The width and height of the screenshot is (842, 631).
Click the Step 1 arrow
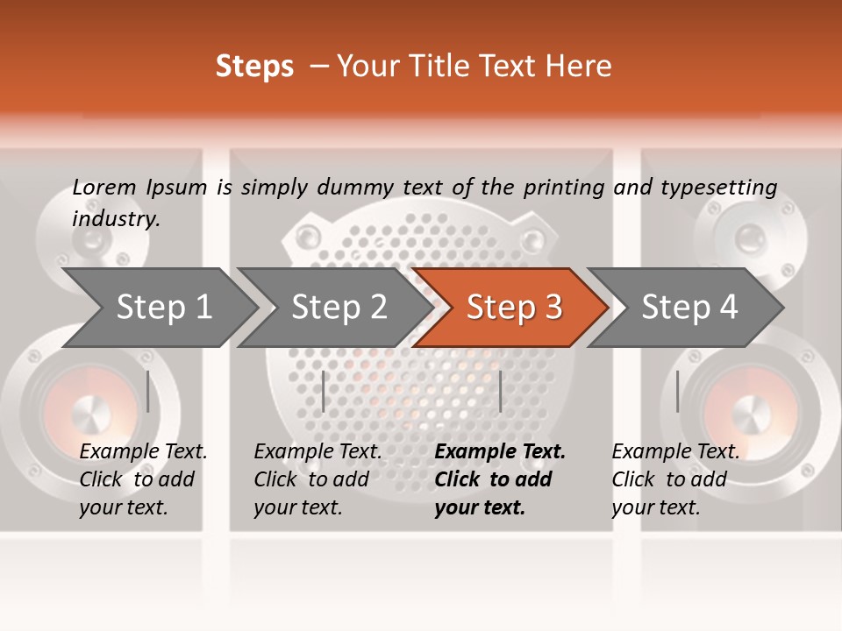[162, 308]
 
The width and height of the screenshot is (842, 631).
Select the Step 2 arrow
[338, 308]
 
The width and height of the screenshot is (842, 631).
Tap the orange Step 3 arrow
[513, 308]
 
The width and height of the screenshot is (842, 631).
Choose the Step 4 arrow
[689, 308]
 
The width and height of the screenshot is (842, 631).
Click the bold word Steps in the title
[254, 67]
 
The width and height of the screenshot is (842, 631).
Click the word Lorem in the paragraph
[103, 187]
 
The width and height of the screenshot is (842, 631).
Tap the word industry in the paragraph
[116, 218]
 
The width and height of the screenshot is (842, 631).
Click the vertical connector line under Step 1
[148, 391]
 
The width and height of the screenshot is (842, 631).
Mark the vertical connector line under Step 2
[324, 391]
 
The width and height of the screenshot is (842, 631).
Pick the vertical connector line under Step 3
[500, 391]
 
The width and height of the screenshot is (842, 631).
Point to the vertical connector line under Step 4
[677, 391]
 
